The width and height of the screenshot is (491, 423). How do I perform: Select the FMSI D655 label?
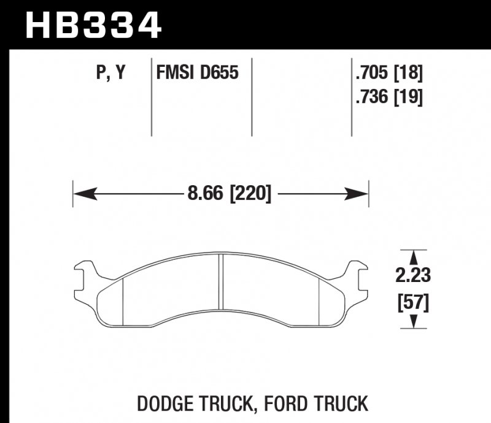click(x=196, y=74)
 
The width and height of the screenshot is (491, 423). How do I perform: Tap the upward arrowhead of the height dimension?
click(x=414, y=257)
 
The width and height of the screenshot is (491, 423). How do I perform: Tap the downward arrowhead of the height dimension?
click(x=414, y=321)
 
